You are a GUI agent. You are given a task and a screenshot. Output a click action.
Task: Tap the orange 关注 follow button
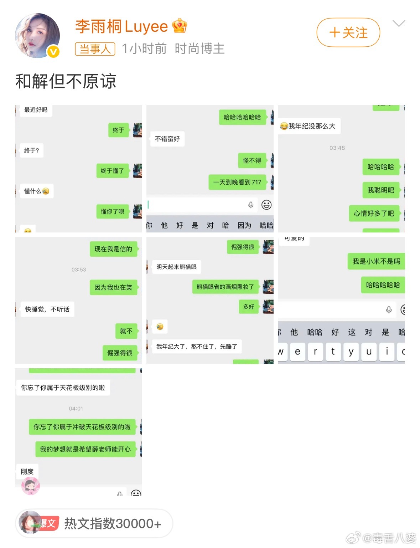pos(348,33)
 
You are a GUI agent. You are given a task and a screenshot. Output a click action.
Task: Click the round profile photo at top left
pos(37,35)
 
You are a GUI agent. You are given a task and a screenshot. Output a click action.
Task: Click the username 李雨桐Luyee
pos(121,27)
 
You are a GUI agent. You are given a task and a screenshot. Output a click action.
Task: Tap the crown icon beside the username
pos(179,26)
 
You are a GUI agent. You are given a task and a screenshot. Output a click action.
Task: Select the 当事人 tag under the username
pos(95,49)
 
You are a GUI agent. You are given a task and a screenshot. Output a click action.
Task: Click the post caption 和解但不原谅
pos(66,81)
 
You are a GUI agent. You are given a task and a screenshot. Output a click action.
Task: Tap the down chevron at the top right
pos(399,24)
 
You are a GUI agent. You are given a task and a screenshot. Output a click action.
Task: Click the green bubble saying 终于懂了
pos(112,171)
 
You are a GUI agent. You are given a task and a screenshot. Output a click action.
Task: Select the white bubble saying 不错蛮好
pos(167,139)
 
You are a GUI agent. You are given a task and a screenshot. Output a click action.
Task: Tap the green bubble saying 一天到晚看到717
pos(237,182)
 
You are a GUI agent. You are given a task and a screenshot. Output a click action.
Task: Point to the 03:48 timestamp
pos(337,148)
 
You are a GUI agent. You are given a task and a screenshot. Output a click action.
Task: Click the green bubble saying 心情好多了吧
pos(374,213)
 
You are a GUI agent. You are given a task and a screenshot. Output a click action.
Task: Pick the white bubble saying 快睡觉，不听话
pos(47,309)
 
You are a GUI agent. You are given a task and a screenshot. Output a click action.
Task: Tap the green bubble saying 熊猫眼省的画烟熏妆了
pos(225,287)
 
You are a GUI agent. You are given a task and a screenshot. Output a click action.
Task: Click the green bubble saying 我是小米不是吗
pos(376,261)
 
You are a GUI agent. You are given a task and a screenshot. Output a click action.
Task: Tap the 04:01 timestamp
pos(76,409)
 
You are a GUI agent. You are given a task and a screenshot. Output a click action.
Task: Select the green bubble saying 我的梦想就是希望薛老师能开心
pos(85,449)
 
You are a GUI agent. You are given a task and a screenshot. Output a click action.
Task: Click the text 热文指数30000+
pos(113,523)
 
